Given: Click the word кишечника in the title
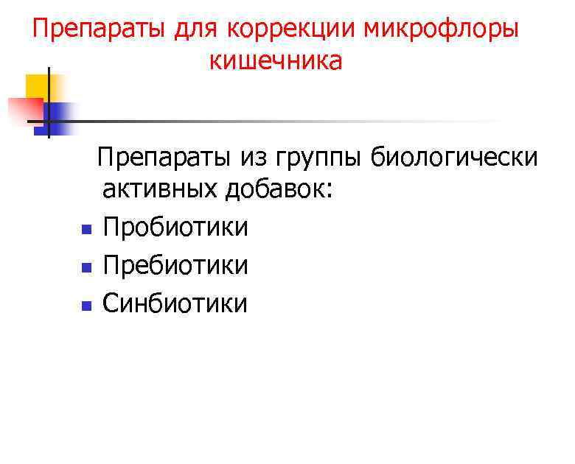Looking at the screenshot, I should [276, 61].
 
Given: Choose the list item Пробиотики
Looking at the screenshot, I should [175, 227].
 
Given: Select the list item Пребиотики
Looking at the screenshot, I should [175, 265].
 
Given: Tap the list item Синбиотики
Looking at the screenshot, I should [175, 303].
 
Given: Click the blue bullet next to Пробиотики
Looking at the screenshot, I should [86, 229].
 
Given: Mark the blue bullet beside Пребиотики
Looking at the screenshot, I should [86, 267].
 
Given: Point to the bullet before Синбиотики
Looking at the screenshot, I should [86, 305].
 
